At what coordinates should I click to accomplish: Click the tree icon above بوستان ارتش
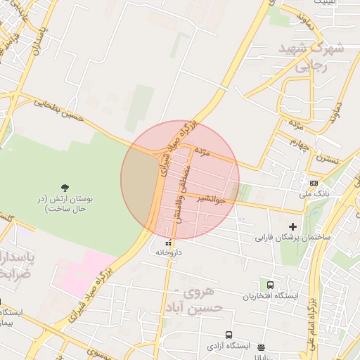65,187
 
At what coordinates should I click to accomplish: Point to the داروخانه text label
169,252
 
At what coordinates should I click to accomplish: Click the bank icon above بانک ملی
313,181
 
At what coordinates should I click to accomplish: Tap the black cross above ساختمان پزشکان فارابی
293,226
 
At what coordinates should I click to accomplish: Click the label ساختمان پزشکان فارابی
288,237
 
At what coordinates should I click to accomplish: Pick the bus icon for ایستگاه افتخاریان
271,285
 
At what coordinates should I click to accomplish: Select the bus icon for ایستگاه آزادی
229,335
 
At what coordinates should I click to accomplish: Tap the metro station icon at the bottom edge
262,347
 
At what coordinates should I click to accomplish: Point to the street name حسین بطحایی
60,109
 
